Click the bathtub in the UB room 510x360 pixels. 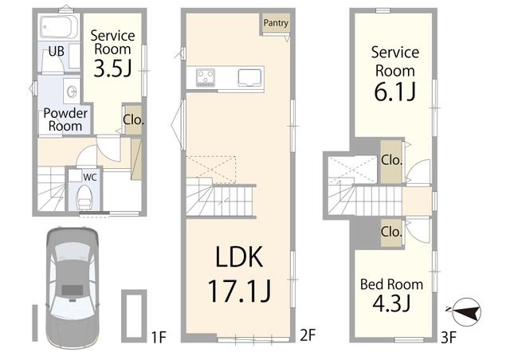coord(59,27)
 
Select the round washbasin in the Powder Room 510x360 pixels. coord(72,91)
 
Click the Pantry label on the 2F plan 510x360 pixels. coord(276,23)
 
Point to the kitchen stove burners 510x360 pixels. coord(206,77)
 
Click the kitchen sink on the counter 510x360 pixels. coord(249,78)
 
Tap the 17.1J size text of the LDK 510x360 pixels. coord(239,291)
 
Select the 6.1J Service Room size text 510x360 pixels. coord(395,92)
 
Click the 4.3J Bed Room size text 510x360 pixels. coord(391,303)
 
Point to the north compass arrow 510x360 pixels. coord(465,311)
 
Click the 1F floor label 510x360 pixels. coord(159,337)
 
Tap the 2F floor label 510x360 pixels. coord(308,335)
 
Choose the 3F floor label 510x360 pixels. coord(449,338)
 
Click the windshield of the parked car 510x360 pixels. coord(73,252)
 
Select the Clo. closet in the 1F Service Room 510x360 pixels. coord(133,119)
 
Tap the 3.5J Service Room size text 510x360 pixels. coord(112,68)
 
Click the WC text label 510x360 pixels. coord(90,178)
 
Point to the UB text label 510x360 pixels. coord(57,52)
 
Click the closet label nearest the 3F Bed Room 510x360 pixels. coord(391,232)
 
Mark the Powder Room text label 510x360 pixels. coord(65,119)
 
